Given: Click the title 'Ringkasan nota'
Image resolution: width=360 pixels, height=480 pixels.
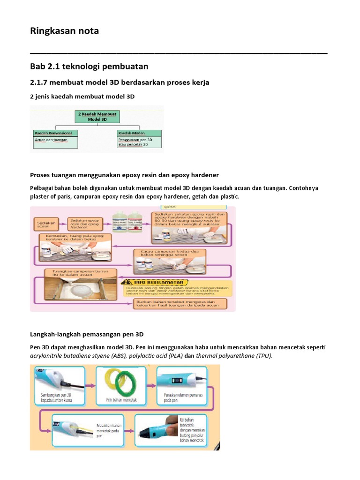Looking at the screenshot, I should tap(65, 31).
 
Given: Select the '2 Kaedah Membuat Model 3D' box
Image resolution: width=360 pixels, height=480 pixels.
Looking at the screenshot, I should tap(97, 117).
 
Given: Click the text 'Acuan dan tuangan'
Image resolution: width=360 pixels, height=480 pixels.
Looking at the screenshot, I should tap(51, 140).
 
